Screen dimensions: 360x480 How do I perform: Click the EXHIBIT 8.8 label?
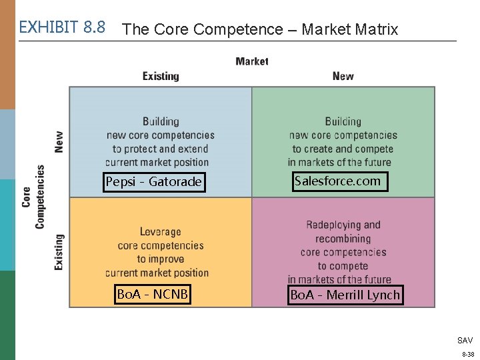62,27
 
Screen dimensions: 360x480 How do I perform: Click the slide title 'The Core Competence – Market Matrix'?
261,29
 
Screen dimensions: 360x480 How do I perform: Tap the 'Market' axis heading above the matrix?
252,61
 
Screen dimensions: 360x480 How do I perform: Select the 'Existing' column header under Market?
161,76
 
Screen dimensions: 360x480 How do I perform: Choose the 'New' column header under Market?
343,76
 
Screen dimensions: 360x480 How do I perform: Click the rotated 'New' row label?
59,141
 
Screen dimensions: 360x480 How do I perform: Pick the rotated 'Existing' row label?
59,251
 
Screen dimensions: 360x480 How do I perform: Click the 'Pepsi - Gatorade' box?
153,182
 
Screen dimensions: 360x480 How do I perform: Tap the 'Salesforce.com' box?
337,181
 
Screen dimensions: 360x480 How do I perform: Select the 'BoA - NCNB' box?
153,294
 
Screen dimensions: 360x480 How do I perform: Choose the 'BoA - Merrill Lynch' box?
345,295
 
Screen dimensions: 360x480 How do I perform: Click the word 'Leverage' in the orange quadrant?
160,232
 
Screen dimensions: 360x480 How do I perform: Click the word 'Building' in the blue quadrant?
161,121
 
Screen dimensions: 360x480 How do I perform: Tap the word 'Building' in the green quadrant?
343,121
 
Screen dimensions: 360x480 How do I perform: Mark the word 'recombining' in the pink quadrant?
343,239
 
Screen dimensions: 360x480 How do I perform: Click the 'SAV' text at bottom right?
465,340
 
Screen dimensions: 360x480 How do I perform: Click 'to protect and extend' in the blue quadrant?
160,149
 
